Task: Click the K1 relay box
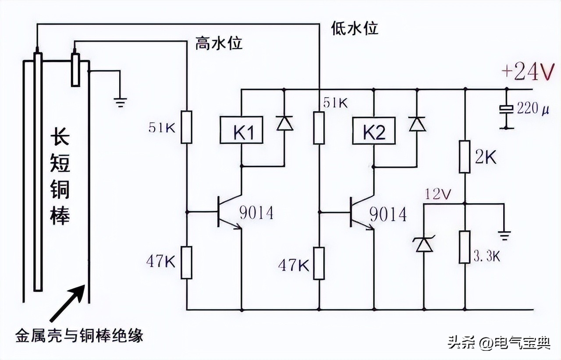click(241, 130)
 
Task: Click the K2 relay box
click(374, 130)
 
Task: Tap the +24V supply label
click(527, 72)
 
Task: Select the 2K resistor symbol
click(465, 156)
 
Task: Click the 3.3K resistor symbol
click(465, 247)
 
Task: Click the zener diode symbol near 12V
click(424, 245)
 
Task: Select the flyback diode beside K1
click(284, 124)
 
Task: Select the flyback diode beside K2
click(416, 124)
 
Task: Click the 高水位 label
click(219, 43)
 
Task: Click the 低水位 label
click(355, 28)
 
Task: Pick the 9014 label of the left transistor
click(256, 213)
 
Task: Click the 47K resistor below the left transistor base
click(187, 262)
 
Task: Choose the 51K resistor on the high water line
click(187, 127)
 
